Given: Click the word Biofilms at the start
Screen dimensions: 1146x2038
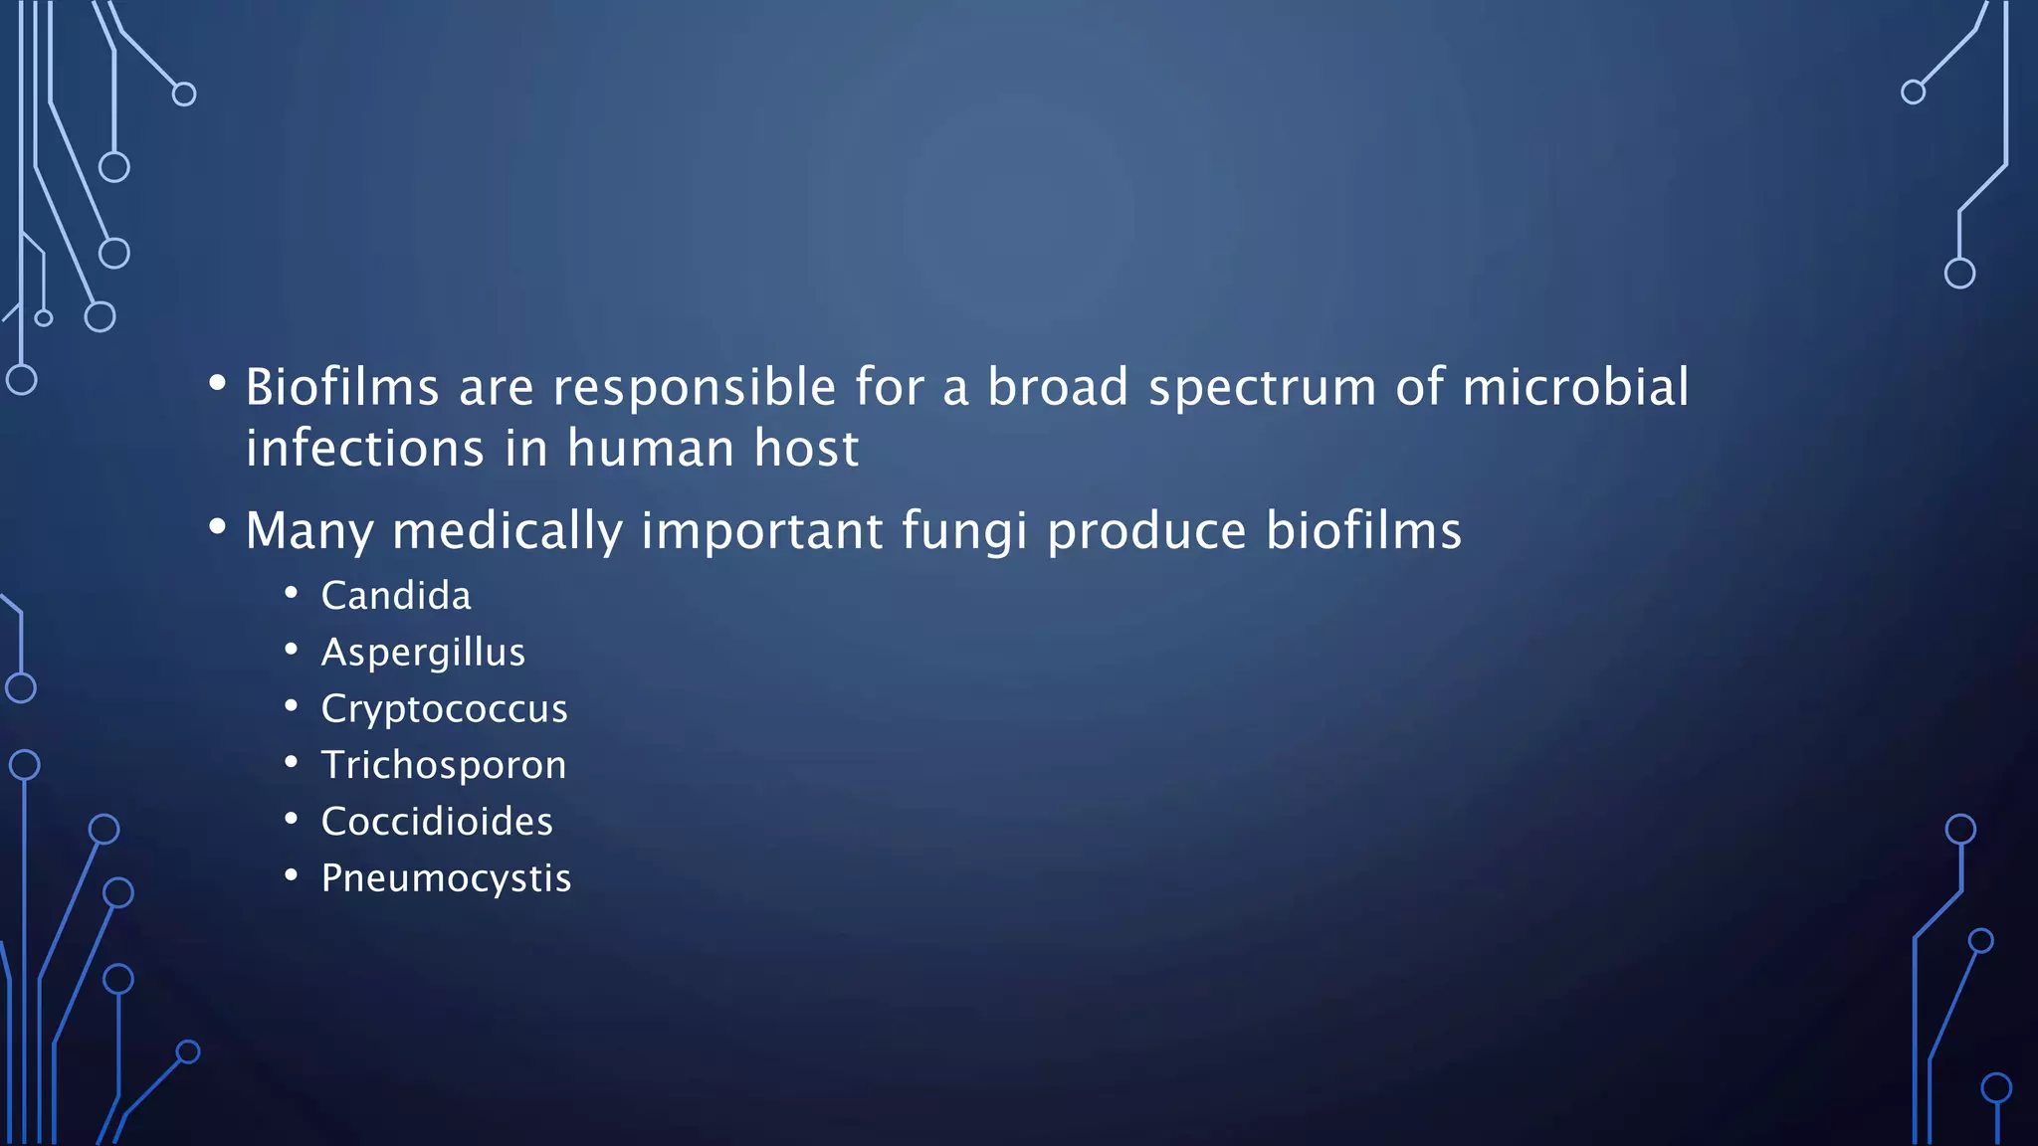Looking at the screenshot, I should coord(341,387).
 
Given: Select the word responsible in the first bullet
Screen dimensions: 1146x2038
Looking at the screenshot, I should coord(694,389).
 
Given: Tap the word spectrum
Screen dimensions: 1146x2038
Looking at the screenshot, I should coord(1262,389).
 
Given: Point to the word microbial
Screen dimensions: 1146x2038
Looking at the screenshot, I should coord(1574,387).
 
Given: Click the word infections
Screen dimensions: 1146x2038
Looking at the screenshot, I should coord(364,449).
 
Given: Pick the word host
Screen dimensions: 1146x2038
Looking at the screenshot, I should coord(806,449).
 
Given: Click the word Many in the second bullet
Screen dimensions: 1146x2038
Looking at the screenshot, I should coord(308,532).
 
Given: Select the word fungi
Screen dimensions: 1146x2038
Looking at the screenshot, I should coord(963,532).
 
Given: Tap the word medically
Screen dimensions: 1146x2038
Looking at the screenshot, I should coord(507,532).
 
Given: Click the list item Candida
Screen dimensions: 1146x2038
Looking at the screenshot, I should coord(396,596).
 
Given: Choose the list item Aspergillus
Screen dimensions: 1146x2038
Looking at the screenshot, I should coord(423,654).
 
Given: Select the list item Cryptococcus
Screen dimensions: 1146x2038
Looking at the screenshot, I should coord(444,709).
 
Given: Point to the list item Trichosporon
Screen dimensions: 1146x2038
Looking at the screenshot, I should coord(444,765).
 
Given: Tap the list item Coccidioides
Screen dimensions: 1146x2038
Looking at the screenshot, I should coord(437,822).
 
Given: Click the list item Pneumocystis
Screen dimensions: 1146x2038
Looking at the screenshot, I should coord(446,878).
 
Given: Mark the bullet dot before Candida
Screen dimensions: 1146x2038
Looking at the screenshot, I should coord(291,594).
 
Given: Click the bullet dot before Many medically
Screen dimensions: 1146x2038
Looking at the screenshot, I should coord(217,527).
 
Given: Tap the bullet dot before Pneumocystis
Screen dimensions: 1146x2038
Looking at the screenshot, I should coord(291,875).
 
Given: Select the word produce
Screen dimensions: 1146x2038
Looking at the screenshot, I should coord(1146,532).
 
